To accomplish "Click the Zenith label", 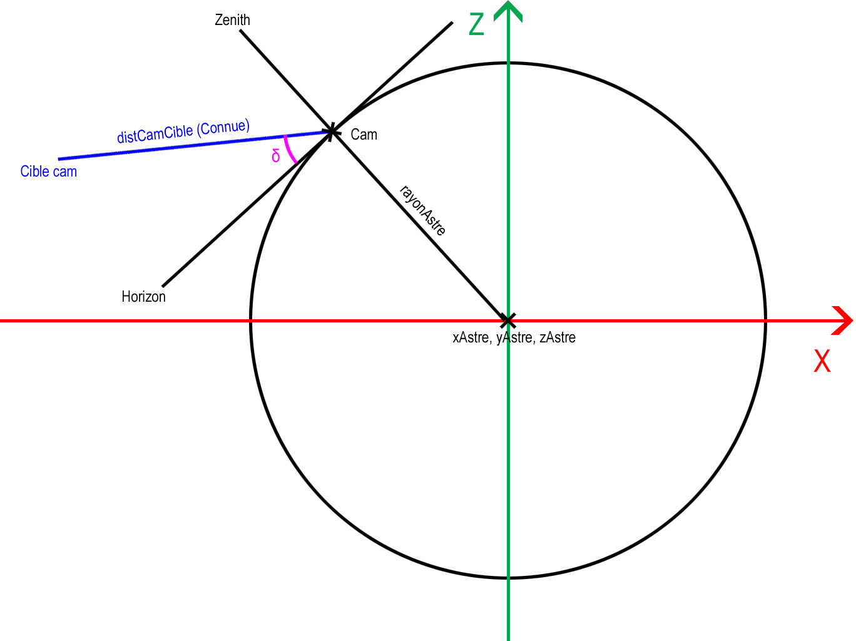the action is tap(232, 20).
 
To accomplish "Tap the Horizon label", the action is tap(143, 297).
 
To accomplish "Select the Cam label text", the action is tap(364, 135).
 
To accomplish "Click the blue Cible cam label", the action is tap(48, 172).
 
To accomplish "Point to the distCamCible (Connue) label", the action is tap(183, 131).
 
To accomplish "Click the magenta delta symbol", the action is tap(275, 156).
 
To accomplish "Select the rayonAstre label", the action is tap(423, 210).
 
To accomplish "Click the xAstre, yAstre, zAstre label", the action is tap(514, 337).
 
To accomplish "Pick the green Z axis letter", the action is tap(476, 24).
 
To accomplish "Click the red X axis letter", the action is tap(822, 361).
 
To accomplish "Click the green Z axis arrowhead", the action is tap(508, 11).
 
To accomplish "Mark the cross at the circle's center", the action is tap(508, 320).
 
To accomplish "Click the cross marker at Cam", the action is tap(331, 131).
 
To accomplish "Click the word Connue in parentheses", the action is tap(223, 127).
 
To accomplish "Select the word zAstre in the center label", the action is tap(558, 337).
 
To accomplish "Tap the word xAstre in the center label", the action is tap(471, 337).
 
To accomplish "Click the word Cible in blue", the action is tap(34, 172).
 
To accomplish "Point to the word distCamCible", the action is tap(155, 134).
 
